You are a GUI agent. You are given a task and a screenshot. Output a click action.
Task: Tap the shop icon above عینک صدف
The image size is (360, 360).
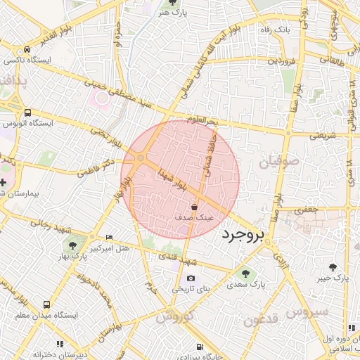[194, 207]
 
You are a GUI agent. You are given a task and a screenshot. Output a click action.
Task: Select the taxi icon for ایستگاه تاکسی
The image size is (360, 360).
[27, 50]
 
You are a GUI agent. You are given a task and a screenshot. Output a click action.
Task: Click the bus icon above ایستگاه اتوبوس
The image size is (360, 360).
[27, 112]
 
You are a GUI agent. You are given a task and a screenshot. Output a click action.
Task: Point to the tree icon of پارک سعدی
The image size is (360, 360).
[245, 274]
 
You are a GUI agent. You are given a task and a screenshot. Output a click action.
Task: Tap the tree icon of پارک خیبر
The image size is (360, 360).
[333, 267]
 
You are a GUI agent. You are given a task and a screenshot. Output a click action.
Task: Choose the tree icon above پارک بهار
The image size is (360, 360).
[72, 245]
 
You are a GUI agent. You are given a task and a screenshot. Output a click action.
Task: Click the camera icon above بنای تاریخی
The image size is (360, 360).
[191, 278]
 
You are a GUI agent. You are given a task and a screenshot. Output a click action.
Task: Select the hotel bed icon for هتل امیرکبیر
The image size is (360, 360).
[108, 237]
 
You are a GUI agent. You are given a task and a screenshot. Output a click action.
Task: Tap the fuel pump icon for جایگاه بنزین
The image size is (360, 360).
[200, 346]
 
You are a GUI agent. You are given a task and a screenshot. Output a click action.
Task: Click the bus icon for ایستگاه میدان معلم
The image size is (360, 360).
[46, 305]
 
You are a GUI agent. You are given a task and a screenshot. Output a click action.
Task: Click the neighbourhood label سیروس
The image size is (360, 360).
[308, 311]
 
